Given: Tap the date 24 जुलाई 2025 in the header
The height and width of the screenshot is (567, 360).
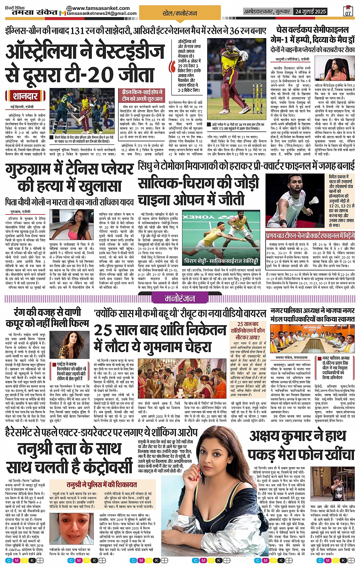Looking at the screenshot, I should (310, 11).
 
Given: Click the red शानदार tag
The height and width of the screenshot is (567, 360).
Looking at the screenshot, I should (25, 96).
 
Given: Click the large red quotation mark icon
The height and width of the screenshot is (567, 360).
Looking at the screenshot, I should (172, 66).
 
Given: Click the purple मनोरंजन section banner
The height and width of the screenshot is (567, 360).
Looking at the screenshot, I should (180, 299).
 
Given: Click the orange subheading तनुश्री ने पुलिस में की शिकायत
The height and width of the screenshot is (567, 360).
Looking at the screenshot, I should (102, 484).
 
